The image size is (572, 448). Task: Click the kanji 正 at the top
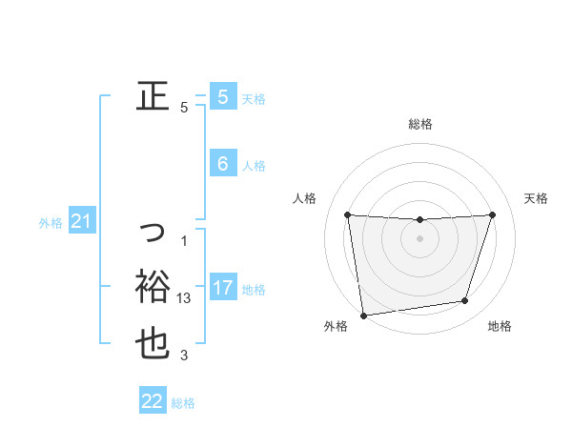(153, 95)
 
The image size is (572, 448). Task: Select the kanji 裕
(153, 286)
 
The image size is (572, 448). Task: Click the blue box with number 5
(222, 96)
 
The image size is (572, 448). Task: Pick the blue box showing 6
(222, 164)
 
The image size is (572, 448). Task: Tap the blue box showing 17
(222, 288)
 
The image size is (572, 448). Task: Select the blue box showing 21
(81, 222)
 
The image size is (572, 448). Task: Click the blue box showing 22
(153, 401)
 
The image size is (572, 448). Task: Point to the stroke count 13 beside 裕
(185, 298)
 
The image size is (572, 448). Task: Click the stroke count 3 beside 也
(184, 356)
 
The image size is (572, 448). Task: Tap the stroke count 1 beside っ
(184, 240)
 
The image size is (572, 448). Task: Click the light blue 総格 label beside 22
(183, 403)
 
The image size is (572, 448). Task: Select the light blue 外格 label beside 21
(51, 224)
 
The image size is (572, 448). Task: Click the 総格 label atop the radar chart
(420, 124)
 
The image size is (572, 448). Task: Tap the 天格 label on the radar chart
(537, 198)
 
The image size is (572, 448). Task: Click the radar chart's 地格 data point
(465, 301)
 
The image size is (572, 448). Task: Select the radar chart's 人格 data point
(348, 214)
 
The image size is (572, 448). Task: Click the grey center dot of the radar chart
(420, 238)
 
